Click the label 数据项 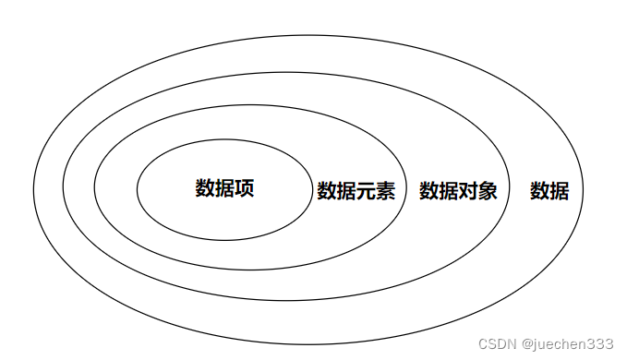(x=224, y=188)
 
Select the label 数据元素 (x=356, y=191)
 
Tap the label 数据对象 (x=458, y=191)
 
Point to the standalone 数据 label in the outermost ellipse (x=549, y=191)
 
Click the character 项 (x=244, y=188)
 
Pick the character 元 (x=366, y=191)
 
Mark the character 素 (x=385, y=191)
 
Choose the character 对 (x=468, y=191)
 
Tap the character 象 (x=488, y=191)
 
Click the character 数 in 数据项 (x=205, y=188)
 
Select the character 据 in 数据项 (x=224, y=188)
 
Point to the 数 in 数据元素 (x=327, y=191)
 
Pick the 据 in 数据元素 (x=346, y=191)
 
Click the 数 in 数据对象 (x=429, y=191)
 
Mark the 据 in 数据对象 (x=449, y=191)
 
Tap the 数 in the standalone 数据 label (x=540, y=191)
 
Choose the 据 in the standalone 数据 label (x=560, y=191)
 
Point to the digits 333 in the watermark (x=601, y=344)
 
